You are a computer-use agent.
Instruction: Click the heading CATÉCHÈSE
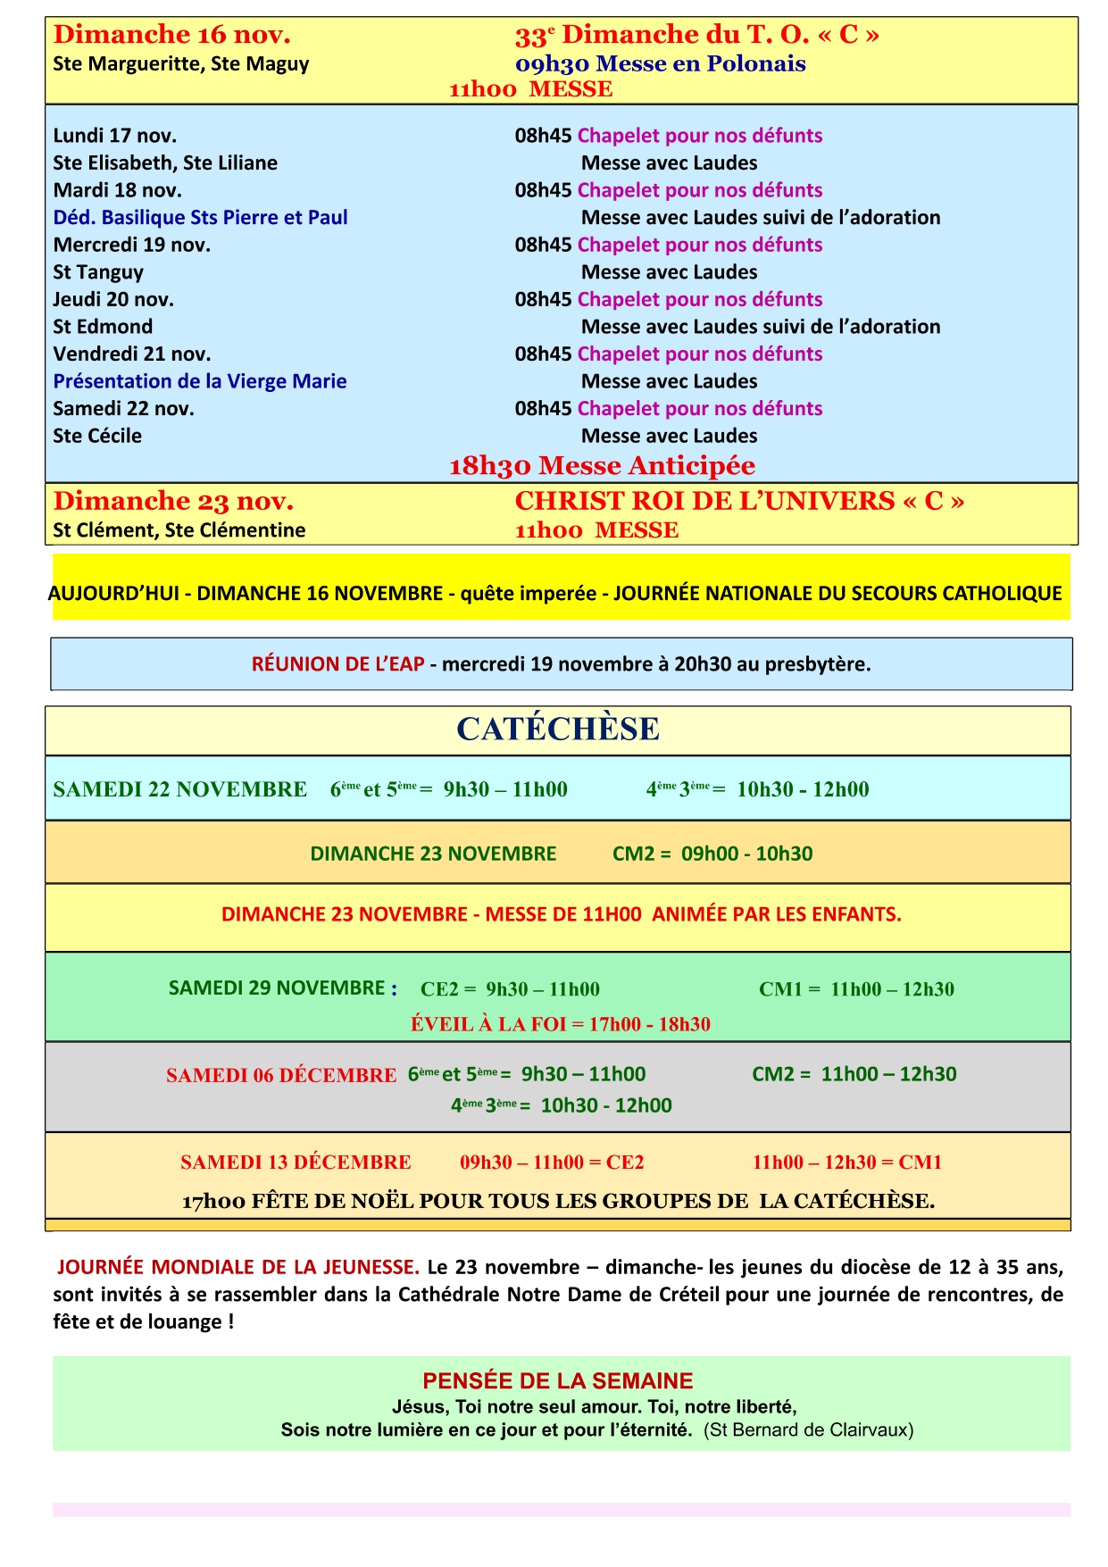(x=558, y=729)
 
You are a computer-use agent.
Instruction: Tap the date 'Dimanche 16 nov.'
(x=172, y=35)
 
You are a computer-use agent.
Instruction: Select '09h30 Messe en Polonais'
(x=660, y=64)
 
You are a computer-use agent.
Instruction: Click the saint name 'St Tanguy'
(x=98, y=272)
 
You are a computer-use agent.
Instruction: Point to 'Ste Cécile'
(x=97, y=436)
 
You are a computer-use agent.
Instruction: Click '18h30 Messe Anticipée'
(x=602, y=466)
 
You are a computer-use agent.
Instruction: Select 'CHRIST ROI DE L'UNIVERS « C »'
(x=739, y=501)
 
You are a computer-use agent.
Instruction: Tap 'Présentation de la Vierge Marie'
(x=200, y=381)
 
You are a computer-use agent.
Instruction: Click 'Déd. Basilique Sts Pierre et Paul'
(x=200, y=218)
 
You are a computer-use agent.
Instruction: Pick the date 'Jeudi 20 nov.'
(x=113, y=299)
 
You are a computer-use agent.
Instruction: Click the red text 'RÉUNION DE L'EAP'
(x=337, y=664)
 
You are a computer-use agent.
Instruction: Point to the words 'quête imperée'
(x=528, y=594)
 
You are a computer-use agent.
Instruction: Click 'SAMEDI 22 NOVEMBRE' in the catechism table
(x=179, y=789)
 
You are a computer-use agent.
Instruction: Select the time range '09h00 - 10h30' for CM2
(x=746, y=854)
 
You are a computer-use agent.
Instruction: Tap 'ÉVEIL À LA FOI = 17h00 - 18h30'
(x=560, y=1024)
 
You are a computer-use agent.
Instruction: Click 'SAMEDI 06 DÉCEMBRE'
(x=281, y=1075)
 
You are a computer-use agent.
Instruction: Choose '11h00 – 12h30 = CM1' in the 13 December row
(x=846, y=1163)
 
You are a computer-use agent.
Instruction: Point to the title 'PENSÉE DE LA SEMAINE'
(x=558, y=1381)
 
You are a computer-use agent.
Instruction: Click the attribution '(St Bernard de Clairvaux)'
(x=808, y=1430)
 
